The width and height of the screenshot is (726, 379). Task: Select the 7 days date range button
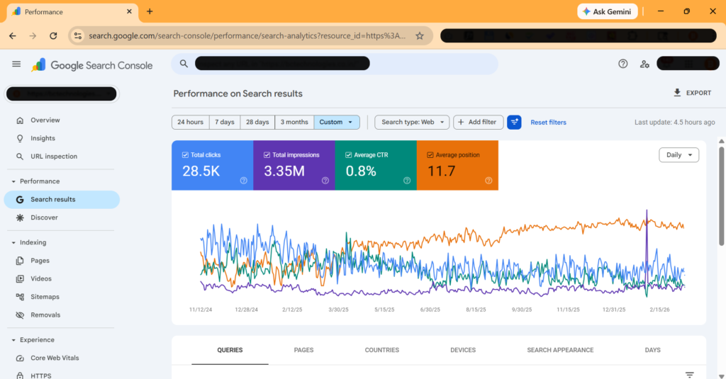tap(225, 122)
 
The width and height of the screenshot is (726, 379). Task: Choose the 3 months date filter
tap(294, 122)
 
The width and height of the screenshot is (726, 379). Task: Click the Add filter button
tap(479, 122)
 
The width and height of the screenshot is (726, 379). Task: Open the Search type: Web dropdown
tap(412, 122)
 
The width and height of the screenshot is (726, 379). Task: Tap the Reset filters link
tap(548, 123)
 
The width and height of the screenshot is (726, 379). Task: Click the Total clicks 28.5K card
tap(212, 165)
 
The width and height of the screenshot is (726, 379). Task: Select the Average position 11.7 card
tap(457, 165)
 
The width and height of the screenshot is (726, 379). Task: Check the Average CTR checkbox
tap(349, 154)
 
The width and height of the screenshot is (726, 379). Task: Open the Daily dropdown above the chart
tap(678, 154)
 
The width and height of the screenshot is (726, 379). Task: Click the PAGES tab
tap(303, 350)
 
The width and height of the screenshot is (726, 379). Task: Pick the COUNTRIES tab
tap(381, 350)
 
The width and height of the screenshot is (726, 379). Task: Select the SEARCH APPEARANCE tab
tap(560, 350)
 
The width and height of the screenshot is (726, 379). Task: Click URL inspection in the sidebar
tap(54, 157)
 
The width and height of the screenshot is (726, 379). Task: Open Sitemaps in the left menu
tap(45, 297)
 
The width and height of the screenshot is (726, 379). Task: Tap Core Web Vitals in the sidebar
tap(55, 358)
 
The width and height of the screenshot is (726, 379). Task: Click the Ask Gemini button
tap(608, 11)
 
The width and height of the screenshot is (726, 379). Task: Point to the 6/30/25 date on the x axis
tap(430, 310)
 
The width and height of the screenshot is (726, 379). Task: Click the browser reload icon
tap(53, 35)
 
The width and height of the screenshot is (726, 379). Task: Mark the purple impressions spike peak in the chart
tap(647, 211)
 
